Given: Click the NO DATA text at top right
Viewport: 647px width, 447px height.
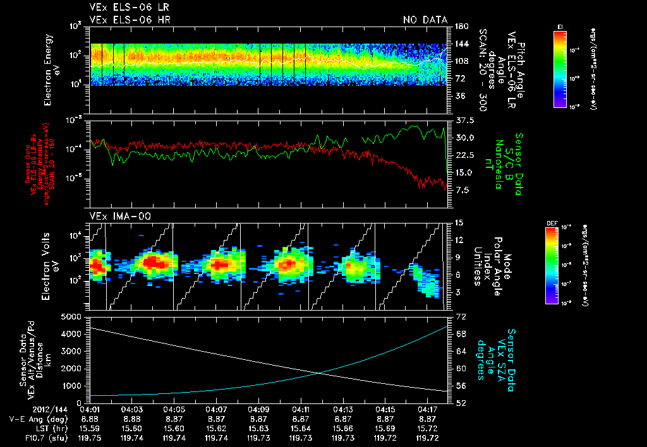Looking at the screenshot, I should (425, 20).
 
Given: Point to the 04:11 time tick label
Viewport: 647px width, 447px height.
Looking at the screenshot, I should (301, 409).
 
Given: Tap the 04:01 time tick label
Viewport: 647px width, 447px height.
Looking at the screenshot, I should (90, 409).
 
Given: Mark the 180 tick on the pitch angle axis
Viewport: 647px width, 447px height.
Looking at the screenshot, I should (460, 27).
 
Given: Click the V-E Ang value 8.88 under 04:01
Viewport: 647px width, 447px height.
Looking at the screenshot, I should (90, 419).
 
